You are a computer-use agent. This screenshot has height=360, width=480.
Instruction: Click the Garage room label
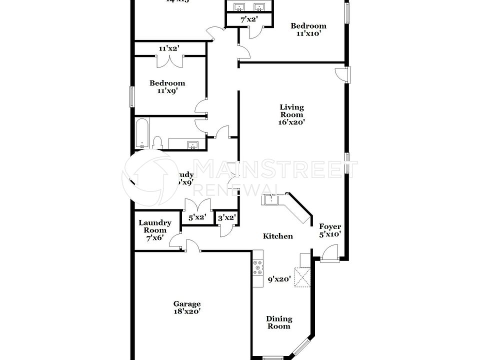(187, 303)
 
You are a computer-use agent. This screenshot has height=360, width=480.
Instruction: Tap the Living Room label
(291, 110)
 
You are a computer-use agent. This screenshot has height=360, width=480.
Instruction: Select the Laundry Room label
(155, 226)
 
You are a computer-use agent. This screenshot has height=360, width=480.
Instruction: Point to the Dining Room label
(279, 322)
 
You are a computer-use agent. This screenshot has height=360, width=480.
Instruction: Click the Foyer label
(330, 226)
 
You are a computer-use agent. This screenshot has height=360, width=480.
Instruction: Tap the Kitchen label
(278, 236)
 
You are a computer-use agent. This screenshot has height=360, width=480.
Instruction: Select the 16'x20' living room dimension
(291, 122)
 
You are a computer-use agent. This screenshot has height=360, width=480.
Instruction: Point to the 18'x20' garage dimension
(187, 311)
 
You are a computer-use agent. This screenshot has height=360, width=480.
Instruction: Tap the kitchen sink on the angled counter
(271, 200)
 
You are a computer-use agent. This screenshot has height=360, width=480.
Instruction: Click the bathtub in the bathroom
(141, 133)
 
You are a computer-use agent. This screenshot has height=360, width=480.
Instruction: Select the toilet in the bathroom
(157, 143)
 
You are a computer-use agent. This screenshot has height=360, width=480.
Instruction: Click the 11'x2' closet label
(169, 48)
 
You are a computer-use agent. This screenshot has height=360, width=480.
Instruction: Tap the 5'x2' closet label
(197, 217)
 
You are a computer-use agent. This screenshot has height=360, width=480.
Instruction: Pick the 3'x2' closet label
(226, 217)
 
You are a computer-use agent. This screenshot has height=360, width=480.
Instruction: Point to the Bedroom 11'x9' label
(167, 87)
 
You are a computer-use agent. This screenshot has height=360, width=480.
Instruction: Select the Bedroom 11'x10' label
(308, 29)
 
